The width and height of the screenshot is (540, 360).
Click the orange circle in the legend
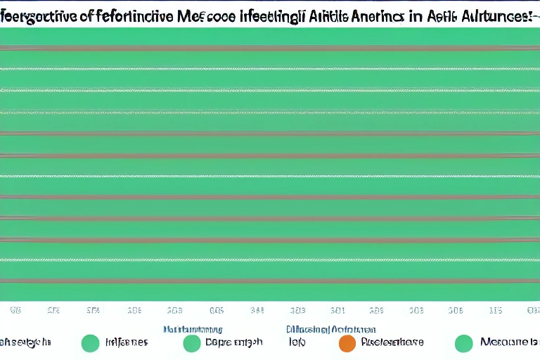click(x=347, y=343)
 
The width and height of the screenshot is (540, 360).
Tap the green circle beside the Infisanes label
click(x=90, y=343)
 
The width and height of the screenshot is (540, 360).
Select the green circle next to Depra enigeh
click(x=191, y=343)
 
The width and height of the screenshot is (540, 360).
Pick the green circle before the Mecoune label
click(x=463, y=343)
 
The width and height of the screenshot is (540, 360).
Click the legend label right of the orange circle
click(x=392, y=342)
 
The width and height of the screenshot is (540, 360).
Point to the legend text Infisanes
click(x=127, y=342)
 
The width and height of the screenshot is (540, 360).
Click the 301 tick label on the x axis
click(x=337, y=309)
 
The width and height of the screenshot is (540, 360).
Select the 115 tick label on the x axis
click(x=496, y=309)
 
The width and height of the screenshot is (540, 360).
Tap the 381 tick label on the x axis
click(x=257, y=309)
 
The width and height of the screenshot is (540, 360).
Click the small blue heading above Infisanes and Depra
click(x=193, y=328)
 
